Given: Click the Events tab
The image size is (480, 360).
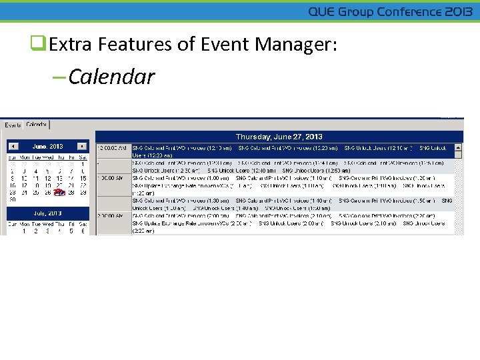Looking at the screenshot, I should [13, 125].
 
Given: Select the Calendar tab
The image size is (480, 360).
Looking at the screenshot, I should [37, 124].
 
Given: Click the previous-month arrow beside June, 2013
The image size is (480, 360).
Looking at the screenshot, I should [13, 146].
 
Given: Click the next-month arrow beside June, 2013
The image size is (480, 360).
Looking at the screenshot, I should [81, 146].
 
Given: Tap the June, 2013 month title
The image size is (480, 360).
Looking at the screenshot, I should [47, 146].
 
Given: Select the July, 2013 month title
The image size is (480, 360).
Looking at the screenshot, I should [47, 213].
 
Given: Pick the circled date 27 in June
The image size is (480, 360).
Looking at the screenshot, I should [59, 193].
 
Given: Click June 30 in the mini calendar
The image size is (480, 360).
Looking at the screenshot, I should [13, 199].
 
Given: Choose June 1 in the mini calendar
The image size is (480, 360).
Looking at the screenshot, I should [83, 164].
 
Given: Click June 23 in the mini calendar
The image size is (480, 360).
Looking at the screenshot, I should [13, 193].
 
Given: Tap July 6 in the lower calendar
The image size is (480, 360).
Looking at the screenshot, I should [83, 231].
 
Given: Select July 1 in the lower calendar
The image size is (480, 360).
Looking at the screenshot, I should [24, 231].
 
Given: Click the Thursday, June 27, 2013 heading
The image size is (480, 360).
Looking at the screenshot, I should [279, 136].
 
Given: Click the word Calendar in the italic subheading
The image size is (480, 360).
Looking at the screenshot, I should [111, 77].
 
